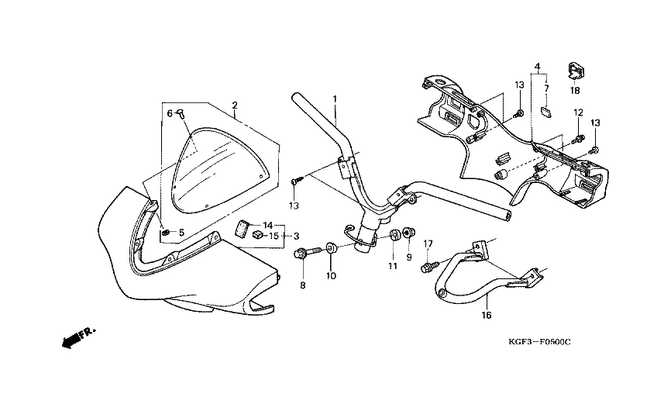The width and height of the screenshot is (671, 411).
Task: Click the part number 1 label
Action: pyautogui.click(x=335, y=99)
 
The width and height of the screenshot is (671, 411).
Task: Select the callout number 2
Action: pyautogui.click(x=234, y=105)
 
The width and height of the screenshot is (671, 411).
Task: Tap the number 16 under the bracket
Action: pyautogui.click(x=486, y=316)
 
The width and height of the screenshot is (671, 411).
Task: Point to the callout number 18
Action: pyautogui.click(x=575, y=91)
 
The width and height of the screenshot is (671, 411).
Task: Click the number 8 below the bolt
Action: pyautogui.click(x=303, y=285)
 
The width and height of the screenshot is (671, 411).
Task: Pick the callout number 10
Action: pyautogui.click(x=332, y=276)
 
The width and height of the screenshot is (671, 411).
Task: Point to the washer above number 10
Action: pyautogui.click(x=332, y=249)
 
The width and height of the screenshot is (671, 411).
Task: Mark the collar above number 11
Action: pyautogui.click(x=393, y=235)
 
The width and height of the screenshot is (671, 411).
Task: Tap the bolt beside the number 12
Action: pyautogui.click(x=577, y=140)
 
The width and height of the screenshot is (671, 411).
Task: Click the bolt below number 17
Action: pyautogui.click(x=425, y=268)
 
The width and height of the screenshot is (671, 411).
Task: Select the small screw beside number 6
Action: pyautogui.click(x=181, y=114)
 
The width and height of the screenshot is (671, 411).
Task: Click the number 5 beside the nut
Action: pyautogui.click(x=181, y=233)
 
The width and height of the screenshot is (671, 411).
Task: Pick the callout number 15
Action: pyautogui.click(x=274, y=236)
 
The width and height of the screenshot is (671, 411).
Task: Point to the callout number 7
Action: pyautogui.click(x=545, y=88)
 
